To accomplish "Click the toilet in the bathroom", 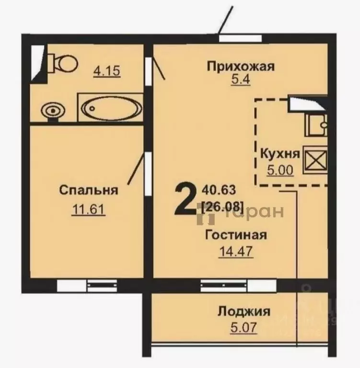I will point(62,62).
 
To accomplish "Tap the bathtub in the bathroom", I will point(111,108).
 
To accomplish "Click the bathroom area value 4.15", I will point(106,71).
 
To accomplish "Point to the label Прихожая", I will point(240,66).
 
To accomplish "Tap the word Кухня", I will point(280,154).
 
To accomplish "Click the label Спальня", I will point(89,190).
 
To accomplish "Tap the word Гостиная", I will point(235,235).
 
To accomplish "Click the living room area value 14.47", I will point(235,251).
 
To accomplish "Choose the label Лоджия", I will point(244,311).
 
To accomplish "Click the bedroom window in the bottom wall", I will point(87,286).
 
